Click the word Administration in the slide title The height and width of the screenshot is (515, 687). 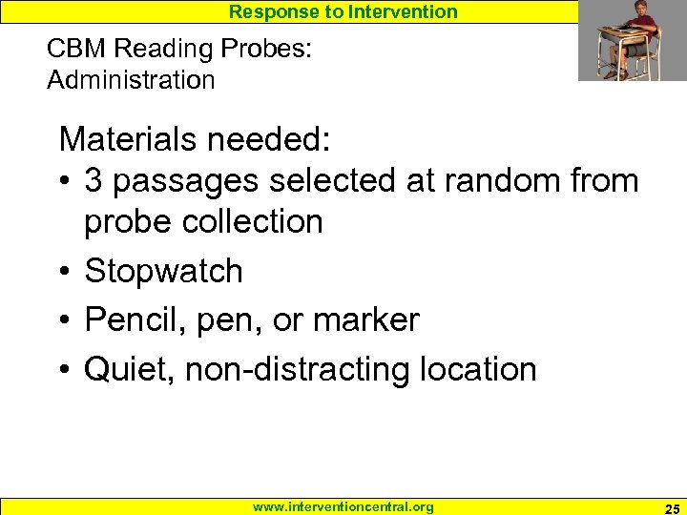click(131, 80)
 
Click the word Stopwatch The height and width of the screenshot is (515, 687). click(164, 272)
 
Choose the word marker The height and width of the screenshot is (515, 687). click(366, 320)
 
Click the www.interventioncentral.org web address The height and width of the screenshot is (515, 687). click(343, 507)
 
